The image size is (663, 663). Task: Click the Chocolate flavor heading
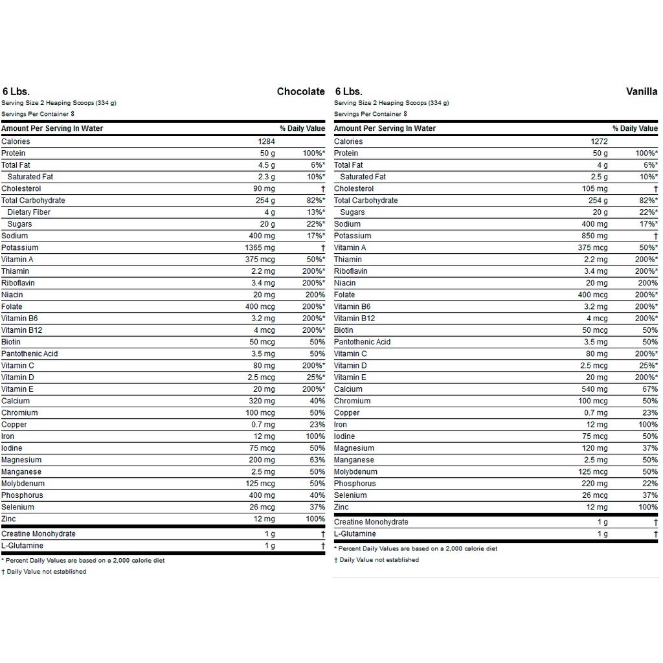tap(300, 91)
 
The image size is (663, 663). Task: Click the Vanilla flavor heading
tap(642, 91)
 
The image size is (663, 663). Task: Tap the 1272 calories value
tap(599, 141)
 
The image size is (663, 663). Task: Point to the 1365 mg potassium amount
tap(260, 247)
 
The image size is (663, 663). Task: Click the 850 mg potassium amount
tap(594, 236)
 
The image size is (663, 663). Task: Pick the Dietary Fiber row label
tap(28, 212)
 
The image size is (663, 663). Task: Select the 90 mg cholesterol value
tap(264, 188)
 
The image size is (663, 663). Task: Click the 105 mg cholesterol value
tap(595, 188)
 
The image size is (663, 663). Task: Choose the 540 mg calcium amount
tap(595, 389)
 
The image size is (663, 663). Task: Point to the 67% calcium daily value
tap(650, 389)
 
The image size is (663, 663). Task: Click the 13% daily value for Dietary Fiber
tap(315, 212)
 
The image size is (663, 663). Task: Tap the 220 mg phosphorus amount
tap(595, 484)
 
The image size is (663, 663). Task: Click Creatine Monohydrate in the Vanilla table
tap(371, 522)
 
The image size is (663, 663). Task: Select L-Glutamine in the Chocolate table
tap(22, 546)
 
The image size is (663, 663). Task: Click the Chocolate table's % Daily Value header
tap(302, 128)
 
